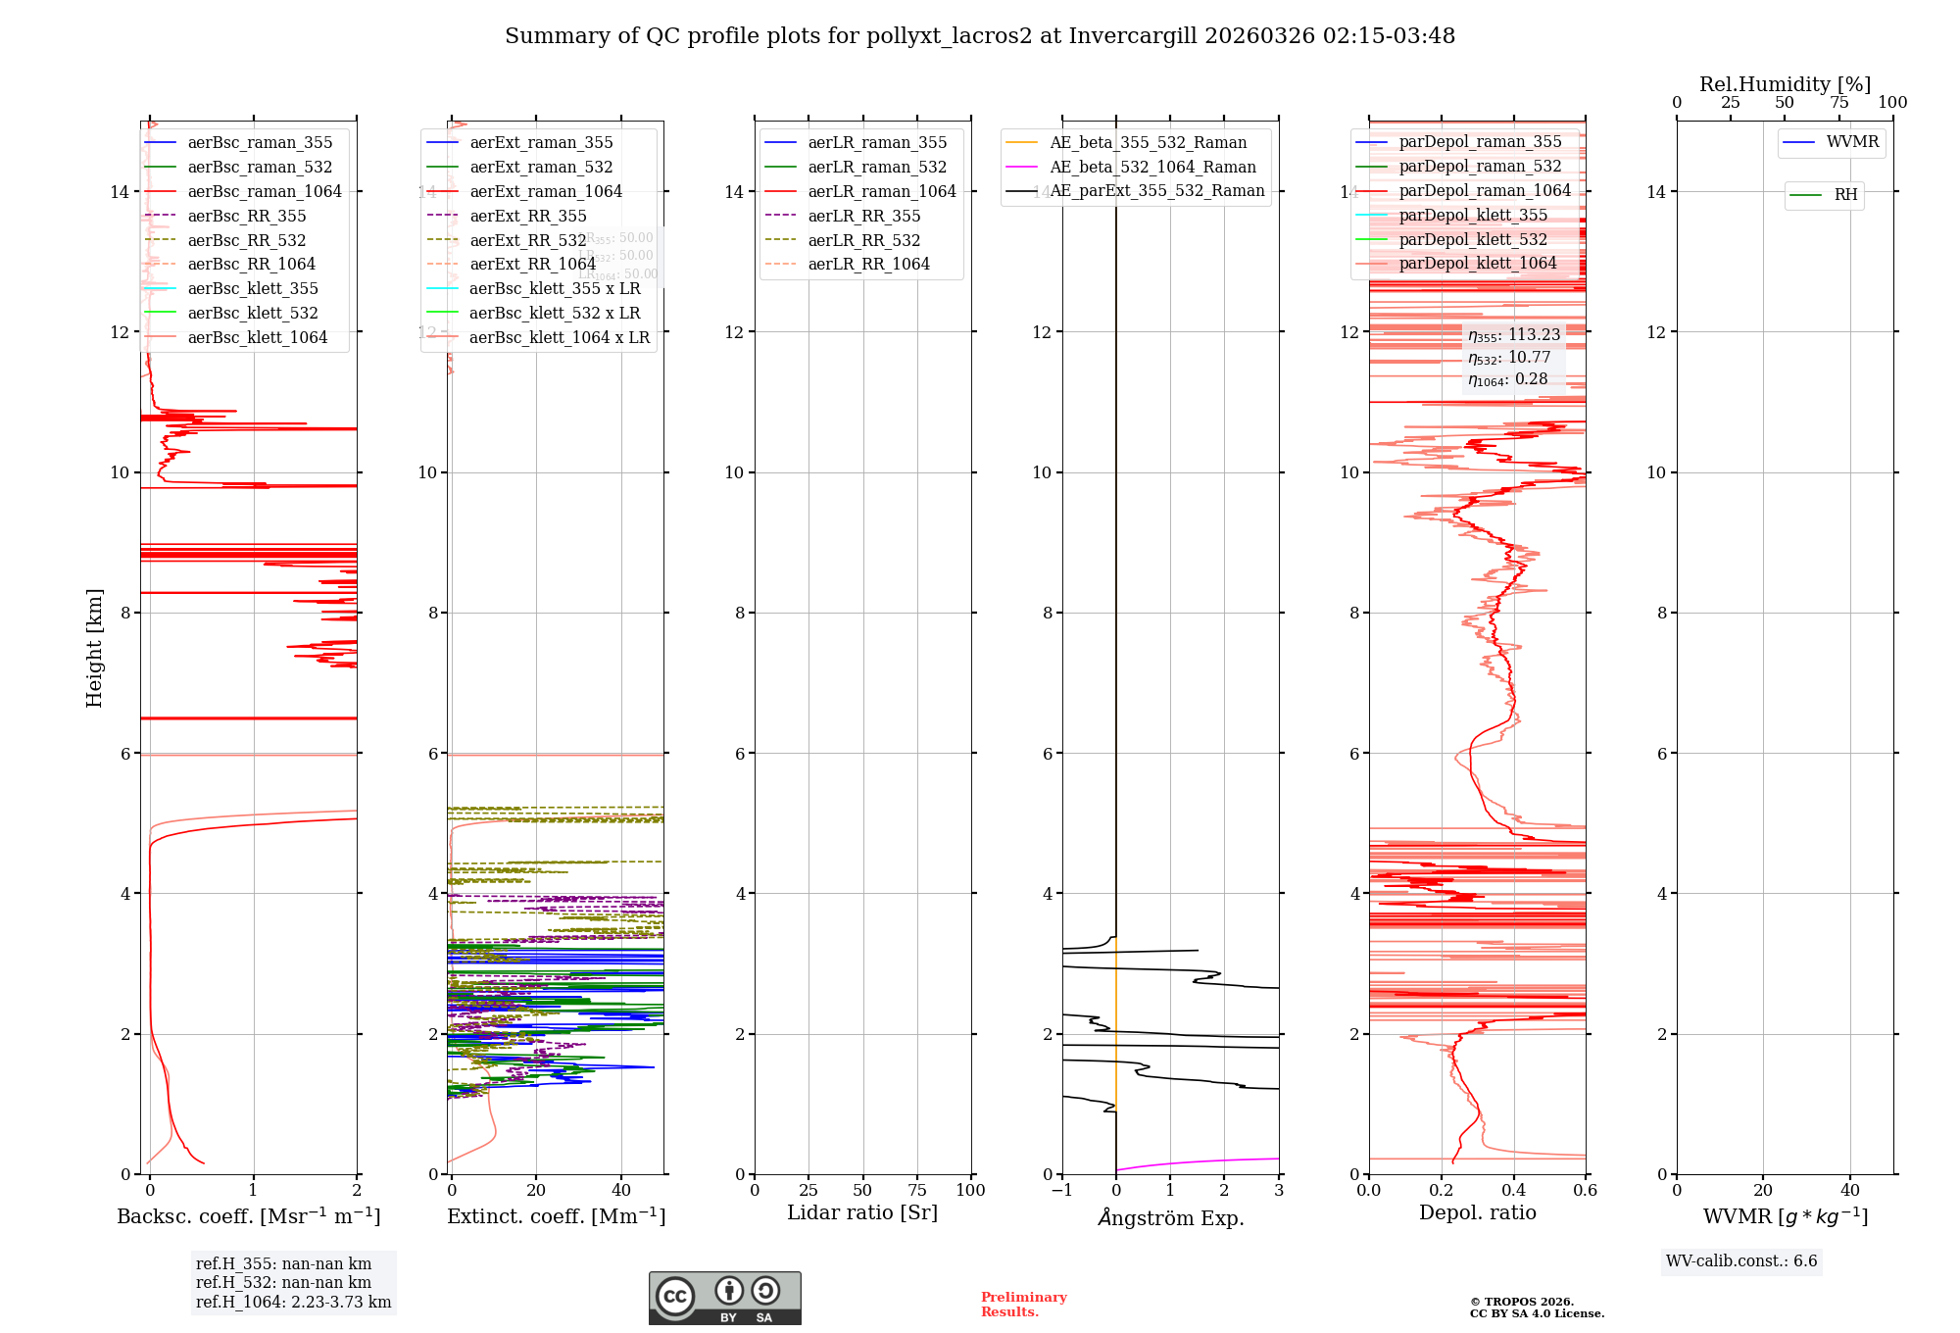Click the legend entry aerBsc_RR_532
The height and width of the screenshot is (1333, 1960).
246,240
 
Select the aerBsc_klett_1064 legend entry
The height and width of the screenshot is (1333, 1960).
257,337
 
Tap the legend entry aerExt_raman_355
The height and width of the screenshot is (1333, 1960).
541,143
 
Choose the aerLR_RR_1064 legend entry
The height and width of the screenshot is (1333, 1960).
868,265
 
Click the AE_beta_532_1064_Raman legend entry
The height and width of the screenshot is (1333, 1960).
1152,167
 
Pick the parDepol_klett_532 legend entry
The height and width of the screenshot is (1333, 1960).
1473,239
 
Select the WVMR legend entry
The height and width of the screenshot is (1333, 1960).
1852,142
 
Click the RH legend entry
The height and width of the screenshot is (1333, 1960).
1845,195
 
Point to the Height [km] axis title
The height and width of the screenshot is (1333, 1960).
94,648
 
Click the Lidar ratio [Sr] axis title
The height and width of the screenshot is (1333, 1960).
862,1213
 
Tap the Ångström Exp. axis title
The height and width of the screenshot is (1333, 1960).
1171,1218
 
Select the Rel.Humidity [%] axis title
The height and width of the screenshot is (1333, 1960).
1785,84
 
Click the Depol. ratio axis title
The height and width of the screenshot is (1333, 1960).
1477,1213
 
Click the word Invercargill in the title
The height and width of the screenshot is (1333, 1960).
1132,36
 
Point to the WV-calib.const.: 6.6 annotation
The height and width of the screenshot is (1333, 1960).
1741,1261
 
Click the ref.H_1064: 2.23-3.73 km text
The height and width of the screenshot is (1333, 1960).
293,1303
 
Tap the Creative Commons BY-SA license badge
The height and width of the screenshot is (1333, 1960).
724,1298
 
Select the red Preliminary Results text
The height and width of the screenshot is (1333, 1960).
1023,1305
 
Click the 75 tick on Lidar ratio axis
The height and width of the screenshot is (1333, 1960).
917,1191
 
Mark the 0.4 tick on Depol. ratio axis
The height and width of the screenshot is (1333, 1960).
1513,1191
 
